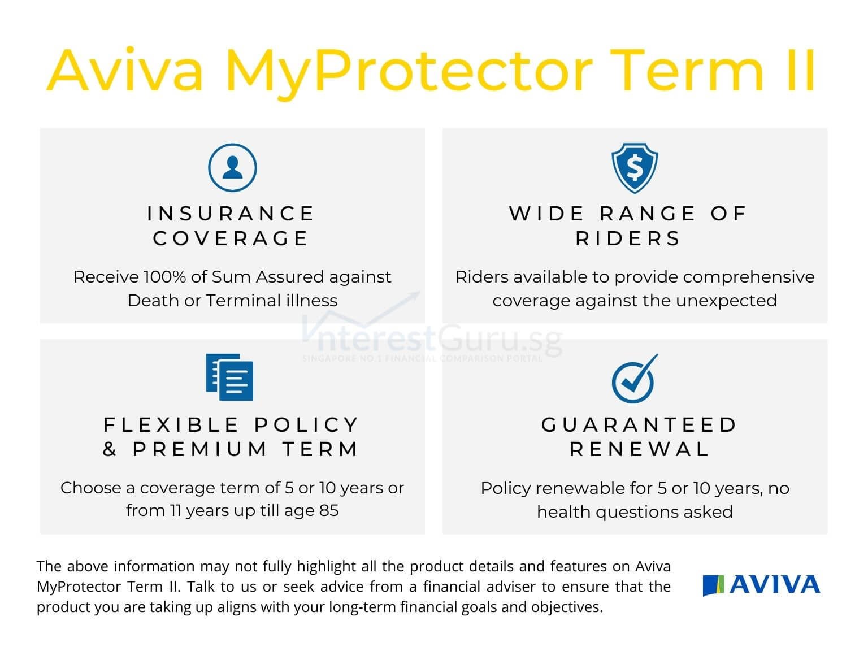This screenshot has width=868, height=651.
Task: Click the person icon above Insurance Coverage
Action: [x=232, y=168]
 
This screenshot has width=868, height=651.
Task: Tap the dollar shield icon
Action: [x=635, y=168]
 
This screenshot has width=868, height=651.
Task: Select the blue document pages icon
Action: [x=229, y=377]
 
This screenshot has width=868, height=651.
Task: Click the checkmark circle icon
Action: [x=635, y=379]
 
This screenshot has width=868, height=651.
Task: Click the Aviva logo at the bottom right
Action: [x=761, y=585]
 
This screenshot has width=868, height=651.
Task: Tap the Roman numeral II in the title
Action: [x=801, y=71]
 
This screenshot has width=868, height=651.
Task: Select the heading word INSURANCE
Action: [x=231, y=214]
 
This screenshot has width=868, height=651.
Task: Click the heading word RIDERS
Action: [x=628, y=238]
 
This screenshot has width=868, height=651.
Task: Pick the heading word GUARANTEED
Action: [x=640, y=424]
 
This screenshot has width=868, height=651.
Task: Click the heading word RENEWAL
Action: [x=640, y=449]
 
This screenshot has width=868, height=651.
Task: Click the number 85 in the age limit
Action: [x=329, y=510]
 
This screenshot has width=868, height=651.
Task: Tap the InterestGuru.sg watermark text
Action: [x=432, y=340]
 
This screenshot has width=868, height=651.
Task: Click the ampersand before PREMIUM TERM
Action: [x=110, y=449]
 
